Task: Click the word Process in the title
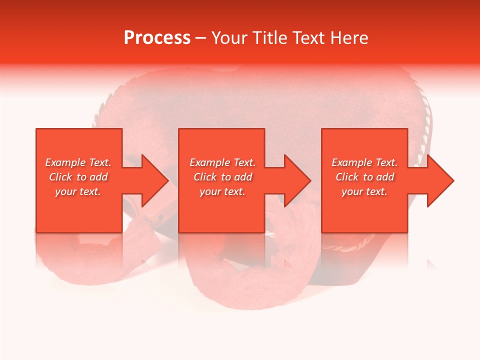157,38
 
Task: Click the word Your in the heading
230,38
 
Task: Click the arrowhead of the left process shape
154,180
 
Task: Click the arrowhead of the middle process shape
297,180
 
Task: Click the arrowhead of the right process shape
440,180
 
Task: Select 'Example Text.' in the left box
78,162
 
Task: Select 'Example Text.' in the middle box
222,162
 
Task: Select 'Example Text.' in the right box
364,162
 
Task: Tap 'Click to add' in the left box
78,177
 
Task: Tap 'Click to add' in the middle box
222,177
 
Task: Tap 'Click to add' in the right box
364,177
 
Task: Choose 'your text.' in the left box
78,191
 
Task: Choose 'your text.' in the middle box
222,191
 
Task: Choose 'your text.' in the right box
364,191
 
